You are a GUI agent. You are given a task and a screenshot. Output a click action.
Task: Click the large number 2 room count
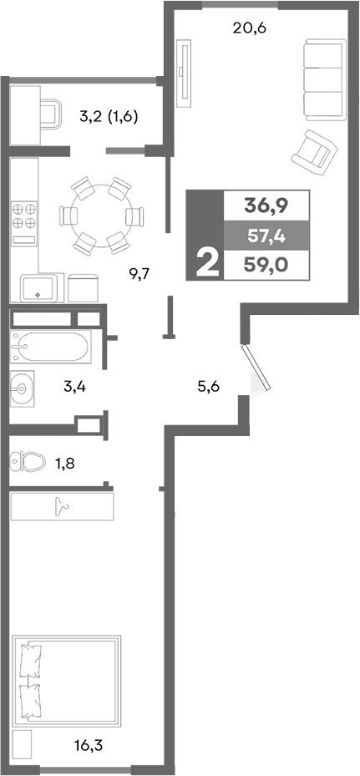coord(206,261)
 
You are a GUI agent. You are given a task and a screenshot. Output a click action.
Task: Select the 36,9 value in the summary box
coord(264,205)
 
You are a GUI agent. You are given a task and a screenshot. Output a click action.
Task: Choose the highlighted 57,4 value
coord(266,236)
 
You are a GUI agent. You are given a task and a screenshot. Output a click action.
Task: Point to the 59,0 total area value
coord(266,268)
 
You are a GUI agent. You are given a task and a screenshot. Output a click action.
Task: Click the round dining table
coord(99,215)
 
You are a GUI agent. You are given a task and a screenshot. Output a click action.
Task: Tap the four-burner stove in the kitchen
coord(24,216)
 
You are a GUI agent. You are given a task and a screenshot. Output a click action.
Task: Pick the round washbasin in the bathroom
coord(23,387)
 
